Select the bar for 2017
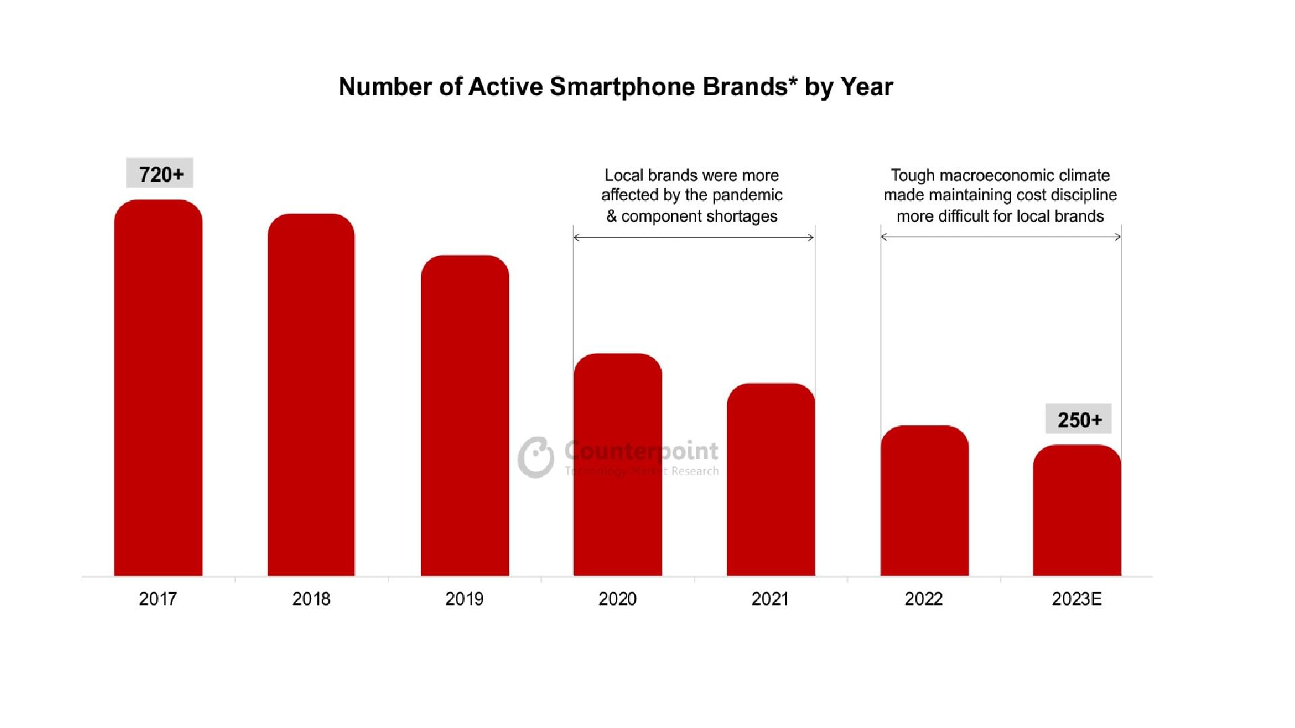point(158,388)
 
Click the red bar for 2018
point(311,394)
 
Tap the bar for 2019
point(465,415)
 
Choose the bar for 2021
point(771,479)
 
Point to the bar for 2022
point(924,500)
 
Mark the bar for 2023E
point(1077,510)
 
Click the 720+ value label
point(161,174)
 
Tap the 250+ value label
point(1079,419)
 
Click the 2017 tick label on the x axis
point(158,599)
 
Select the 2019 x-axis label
point(464,599)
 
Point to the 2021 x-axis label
point(770,599)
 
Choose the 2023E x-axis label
point(1076,599)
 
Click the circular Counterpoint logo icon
point(536,458)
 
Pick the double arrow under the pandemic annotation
point(693,237)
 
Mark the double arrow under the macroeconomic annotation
point(1000,237)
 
